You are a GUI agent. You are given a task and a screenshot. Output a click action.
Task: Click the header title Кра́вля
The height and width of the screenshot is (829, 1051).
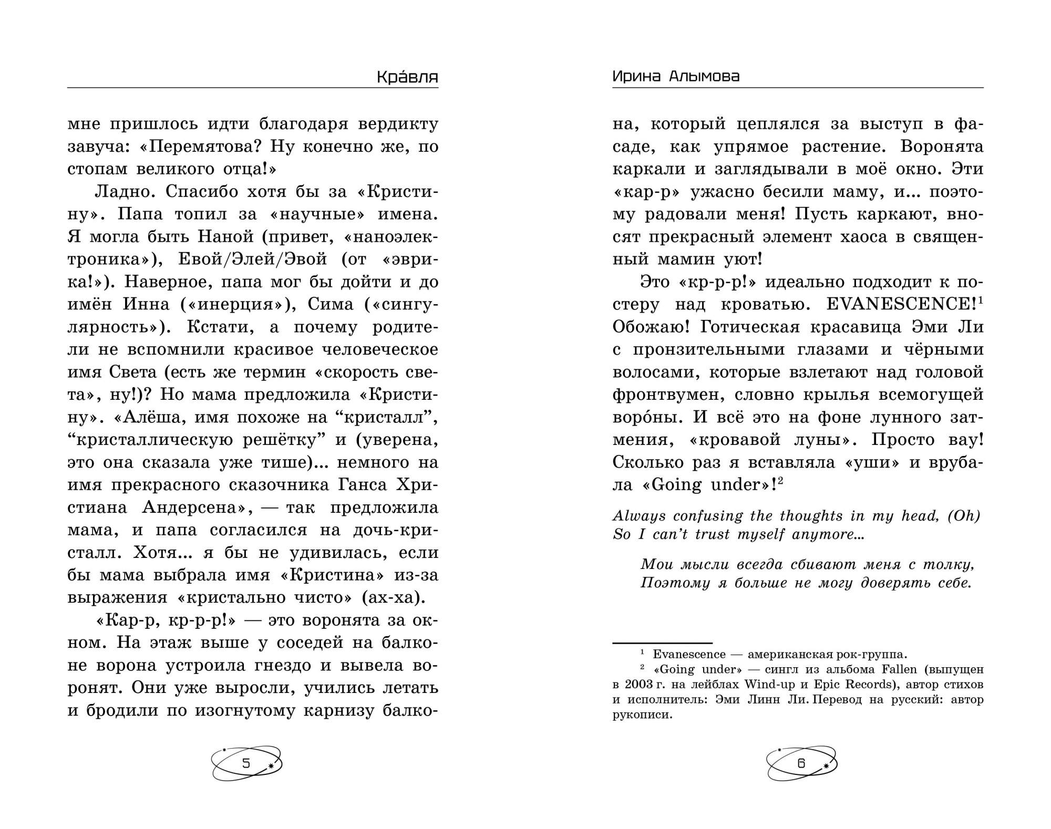click(407, 77)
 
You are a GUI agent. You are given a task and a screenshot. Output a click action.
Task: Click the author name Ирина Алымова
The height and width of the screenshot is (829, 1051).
click(676, 77)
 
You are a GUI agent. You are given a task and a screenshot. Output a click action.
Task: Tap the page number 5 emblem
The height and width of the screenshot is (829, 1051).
click(246, 763)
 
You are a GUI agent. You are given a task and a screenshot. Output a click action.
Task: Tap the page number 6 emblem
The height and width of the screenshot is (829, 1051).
click(801, 763)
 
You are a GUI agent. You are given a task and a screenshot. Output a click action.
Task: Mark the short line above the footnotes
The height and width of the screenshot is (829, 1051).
click(662, 643)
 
